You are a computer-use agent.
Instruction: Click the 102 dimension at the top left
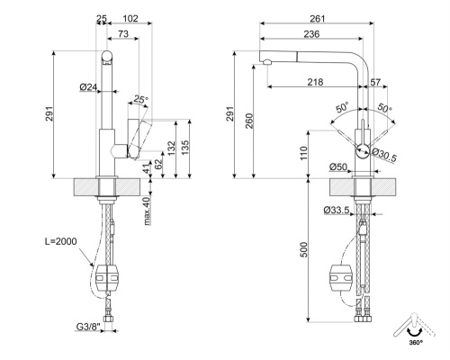[130, 18]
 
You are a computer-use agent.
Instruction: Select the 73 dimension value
[121, 33]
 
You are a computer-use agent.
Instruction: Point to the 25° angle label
[139, 99]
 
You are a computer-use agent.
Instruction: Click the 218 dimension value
[316, 82]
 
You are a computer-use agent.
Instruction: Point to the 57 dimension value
[374, 82]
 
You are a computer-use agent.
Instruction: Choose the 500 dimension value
[304, 249]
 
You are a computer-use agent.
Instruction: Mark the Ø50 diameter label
[338, 166]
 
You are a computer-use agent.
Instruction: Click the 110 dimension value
[304, 154]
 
